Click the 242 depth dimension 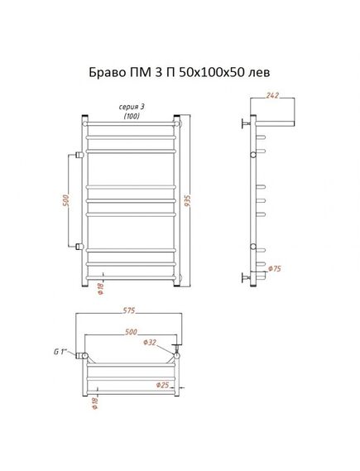click(272, 95)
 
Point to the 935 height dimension click(187, 201)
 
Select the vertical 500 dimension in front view click(65, 200)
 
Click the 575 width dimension click(129, 310)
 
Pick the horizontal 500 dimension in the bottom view click(131, 332)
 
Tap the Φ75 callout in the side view click(275, 268)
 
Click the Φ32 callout click(150, 342)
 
